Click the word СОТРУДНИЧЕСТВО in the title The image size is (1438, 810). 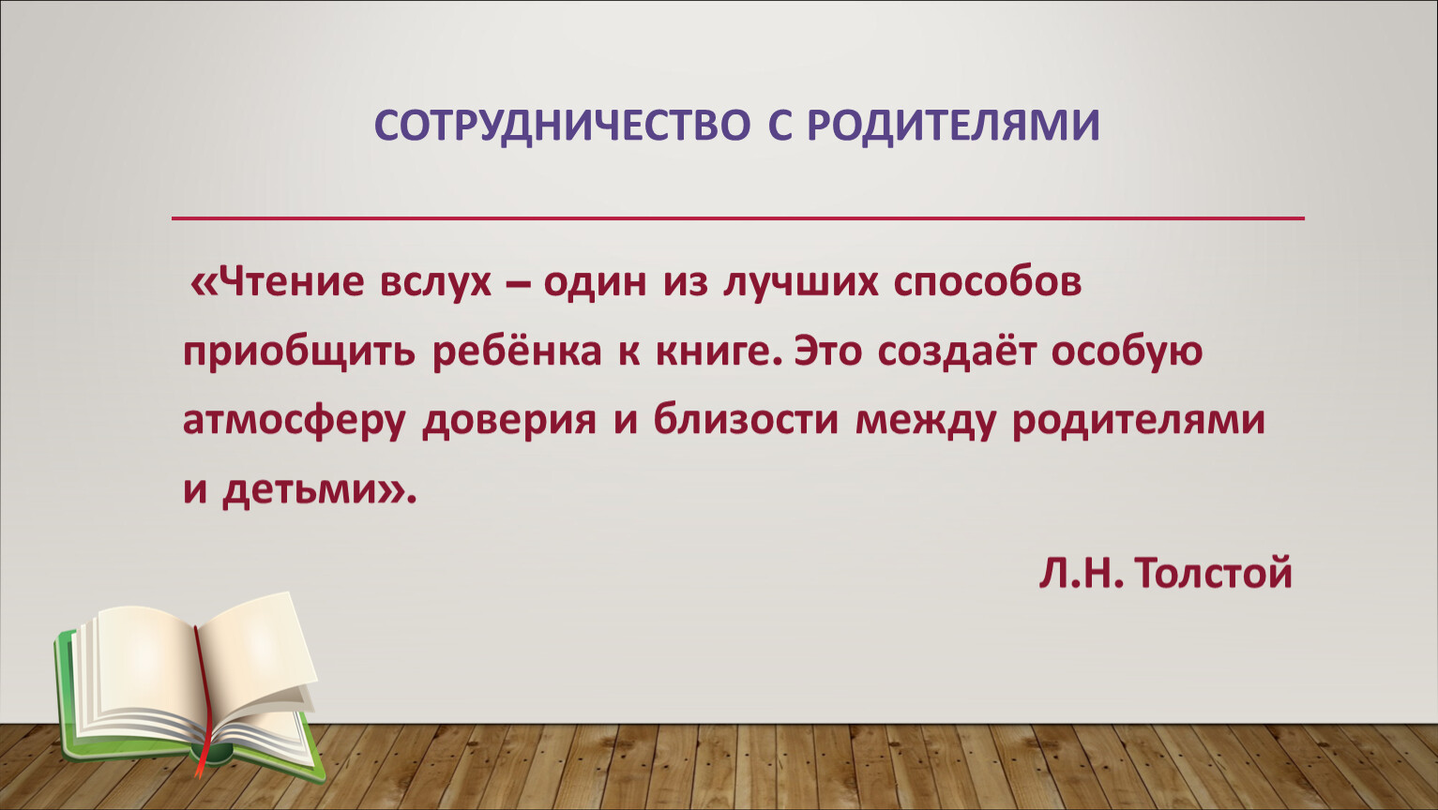[x=562, y=126]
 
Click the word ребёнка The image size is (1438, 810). [x=517, y=351]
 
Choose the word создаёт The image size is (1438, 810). [x=956, y=351]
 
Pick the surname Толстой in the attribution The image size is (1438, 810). [x=1213, y=573]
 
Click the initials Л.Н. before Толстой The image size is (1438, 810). [x=1082, y=573]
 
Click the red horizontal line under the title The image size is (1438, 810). [x=738, y=218]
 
